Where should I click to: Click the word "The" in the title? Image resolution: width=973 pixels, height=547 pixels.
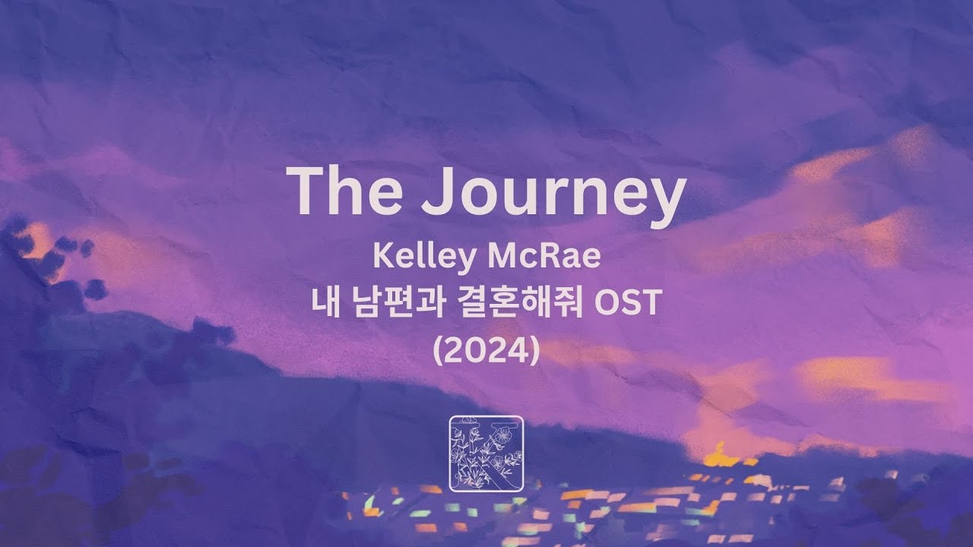(x=344, y=190)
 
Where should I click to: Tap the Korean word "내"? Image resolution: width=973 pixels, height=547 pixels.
(x=325, y=302)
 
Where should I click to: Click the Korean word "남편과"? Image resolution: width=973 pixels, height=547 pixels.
(x=400, y=302)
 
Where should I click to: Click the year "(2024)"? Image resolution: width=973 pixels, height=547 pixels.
(x=486, y=350)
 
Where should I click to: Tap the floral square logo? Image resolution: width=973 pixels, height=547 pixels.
(x=486, y=454)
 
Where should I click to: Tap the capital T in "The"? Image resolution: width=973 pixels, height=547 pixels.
(x=306, y=191)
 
